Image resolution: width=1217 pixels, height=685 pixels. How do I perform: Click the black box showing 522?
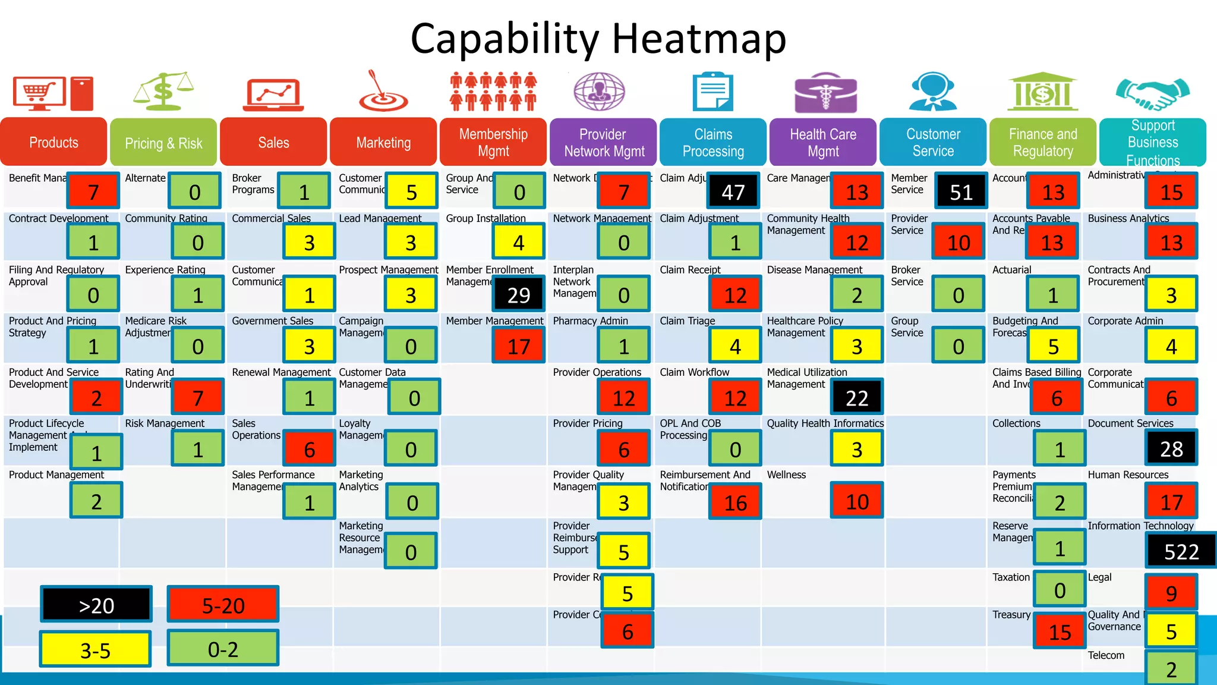pyautogui.click(x=1181, y=551)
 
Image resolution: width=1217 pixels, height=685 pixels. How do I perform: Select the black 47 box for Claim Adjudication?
pyautogui.click(x=733, y=191)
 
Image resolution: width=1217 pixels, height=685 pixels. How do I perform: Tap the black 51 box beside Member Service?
pyautogui.click(x=961, y=191)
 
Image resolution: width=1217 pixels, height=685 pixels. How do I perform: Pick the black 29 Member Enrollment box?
pyautogui.click(x=518, y=295)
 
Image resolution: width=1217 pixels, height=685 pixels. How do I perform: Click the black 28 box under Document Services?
pyautogui.click(x=1171, y=449)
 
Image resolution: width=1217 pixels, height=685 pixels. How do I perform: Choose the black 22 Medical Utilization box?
pyautogui.click(x=856, y=397)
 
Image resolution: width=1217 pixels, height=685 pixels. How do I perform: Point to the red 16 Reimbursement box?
pyautogui.click(x=735, y=502)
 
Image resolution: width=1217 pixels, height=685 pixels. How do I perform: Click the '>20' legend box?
pyautogui.click(x=96, y=605)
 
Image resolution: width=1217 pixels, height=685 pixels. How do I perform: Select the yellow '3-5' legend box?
pyautogui.click(x=95, y=650)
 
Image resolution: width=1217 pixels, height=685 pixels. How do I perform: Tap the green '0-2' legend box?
pyautogui.click(x=223, y=649)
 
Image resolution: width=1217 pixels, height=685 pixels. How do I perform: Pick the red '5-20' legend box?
pyautogui.click(x=223, y=605)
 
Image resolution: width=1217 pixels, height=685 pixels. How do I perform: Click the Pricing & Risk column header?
pyautogui.click(x=163, y=143)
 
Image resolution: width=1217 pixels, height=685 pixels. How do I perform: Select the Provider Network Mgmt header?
pyautogui.click(x=603, y=143)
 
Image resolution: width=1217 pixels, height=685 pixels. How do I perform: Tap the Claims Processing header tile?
pyautogui.click(x=713, y=143)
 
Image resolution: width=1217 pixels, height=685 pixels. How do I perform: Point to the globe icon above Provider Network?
pyautogui.click(x=599, y=92)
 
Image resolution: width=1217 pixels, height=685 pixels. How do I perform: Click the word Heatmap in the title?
pyautogui.click(x=699, y=39)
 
